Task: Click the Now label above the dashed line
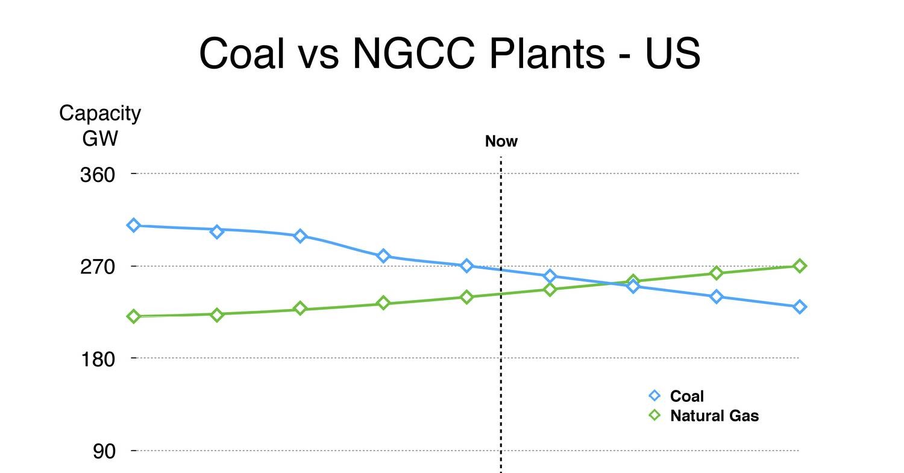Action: [501, 142]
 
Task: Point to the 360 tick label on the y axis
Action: [97, 175]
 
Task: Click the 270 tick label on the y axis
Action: [97, 266]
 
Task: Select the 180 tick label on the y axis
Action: [97, 359]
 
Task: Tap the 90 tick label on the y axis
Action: [104, 451]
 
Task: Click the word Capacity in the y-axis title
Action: [100, 113]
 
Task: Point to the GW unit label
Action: [100, 139]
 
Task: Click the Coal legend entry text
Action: [686, 396]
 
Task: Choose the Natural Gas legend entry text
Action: [714, 416]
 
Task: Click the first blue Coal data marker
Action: [134, 225]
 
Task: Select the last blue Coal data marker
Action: [799, 307]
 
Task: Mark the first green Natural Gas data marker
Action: [134, 316]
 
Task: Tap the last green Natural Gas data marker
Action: [799, 266]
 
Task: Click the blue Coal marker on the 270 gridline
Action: [466, 266]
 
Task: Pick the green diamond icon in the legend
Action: [654, 415]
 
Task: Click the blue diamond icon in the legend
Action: [654, 395]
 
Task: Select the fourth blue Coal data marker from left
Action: [383, 256]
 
